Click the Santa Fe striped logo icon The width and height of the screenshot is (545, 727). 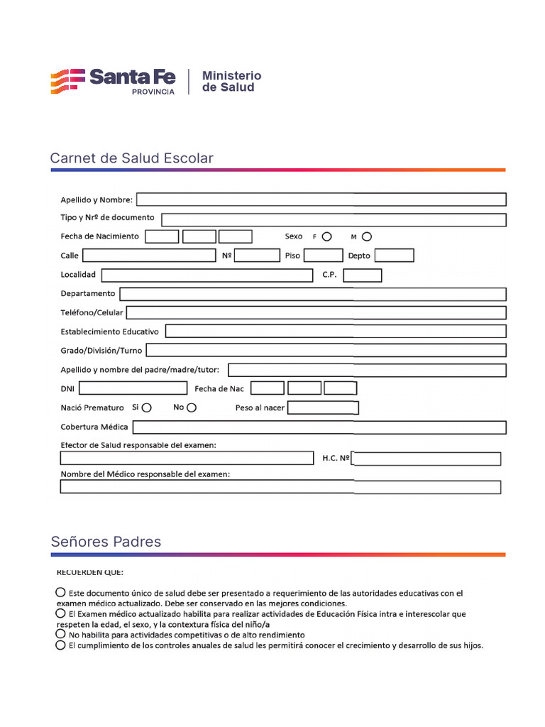pos(67,82)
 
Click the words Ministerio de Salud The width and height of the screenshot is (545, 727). pos(231,82)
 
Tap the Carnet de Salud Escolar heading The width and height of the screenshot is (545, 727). pos(131,158)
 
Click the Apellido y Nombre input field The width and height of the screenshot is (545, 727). pos(321,199)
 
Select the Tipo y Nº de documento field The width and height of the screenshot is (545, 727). pos(334,219)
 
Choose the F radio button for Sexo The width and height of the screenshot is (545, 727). pos(326,236)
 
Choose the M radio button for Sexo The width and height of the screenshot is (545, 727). pos(366,236)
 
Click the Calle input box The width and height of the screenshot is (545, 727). pos(148,256)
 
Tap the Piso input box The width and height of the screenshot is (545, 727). pos(323,256)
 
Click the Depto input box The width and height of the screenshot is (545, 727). pos(394,256)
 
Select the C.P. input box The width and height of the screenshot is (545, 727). pos(362,275)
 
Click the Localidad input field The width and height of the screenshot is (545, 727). pos(207,275)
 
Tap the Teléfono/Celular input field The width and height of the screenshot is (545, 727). pos(316,312)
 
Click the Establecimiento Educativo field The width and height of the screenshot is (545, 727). pos(336,332)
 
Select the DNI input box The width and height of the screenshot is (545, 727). pos(134,388)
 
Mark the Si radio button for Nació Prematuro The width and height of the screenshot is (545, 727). pos(146,408)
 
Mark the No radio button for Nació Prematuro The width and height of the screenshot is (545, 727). pos(192,408)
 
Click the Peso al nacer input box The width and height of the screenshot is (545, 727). pos(323,408)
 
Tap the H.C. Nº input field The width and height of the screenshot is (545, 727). pos(426,459)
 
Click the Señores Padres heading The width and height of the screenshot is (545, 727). pos(106,542)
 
